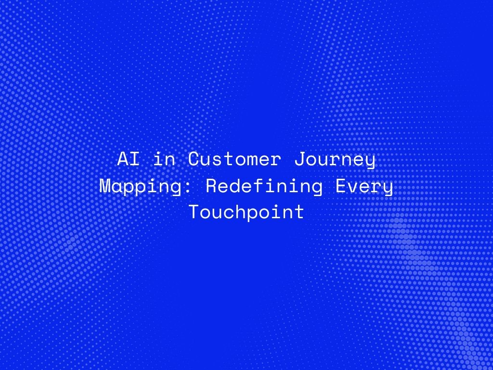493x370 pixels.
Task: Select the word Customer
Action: click(x=234, y=159)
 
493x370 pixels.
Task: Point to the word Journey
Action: click(x=335, y=160)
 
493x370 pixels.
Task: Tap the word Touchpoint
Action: click(x=246, y=211)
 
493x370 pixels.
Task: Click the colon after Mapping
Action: click(x=188, y=188)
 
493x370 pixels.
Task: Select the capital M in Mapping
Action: click(x=105, y=185)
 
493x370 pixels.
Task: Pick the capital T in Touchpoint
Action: click(x=195, y=212)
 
